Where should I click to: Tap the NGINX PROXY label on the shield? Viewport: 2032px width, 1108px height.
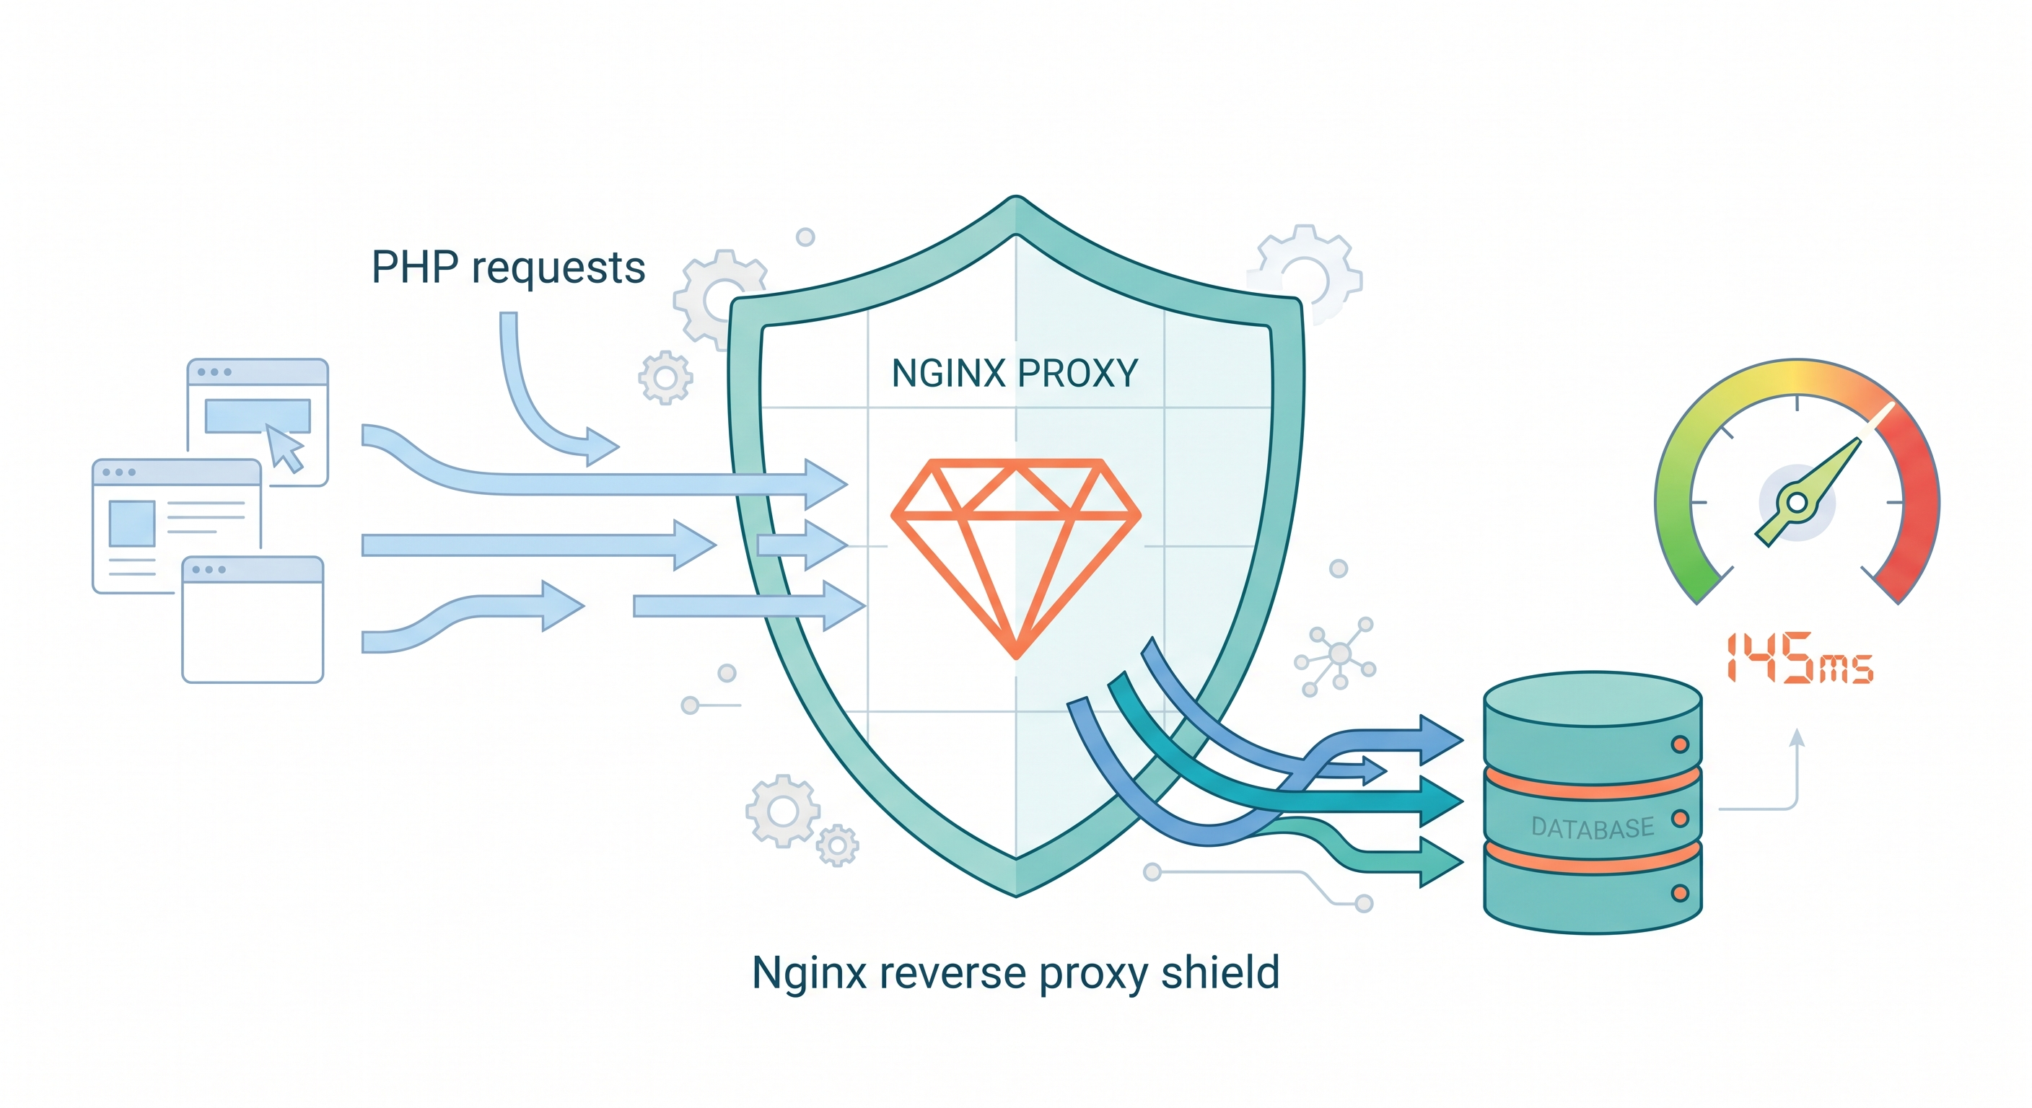tap(1015, 373)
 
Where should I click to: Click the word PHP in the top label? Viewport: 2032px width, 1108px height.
tap(414, 268)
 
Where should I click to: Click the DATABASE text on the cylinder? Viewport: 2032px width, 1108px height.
tap(1592, 827)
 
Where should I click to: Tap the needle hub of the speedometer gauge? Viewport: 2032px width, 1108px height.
tap(1797, 502)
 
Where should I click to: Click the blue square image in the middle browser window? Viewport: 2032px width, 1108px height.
tap(132, 523)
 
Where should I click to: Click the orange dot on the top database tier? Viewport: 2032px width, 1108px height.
tap(1679, 744)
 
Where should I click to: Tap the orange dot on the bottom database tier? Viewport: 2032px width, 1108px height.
tap(1679, 893)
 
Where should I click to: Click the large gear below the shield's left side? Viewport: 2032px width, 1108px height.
tap(782, 811)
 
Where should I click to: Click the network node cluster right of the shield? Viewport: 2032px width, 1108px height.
tap(1339, 654)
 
